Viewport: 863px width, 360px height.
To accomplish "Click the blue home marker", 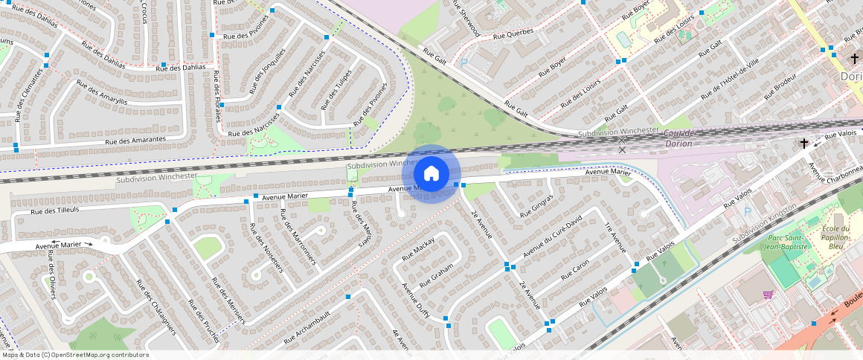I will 431,174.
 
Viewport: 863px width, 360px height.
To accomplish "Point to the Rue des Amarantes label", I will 135,140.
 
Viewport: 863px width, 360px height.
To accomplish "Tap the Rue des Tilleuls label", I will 54,211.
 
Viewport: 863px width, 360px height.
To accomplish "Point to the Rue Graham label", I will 436,277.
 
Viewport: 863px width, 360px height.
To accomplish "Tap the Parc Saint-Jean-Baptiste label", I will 782,244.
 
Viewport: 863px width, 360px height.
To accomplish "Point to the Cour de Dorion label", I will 679,138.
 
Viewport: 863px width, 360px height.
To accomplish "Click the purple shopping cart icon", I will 768,295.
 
